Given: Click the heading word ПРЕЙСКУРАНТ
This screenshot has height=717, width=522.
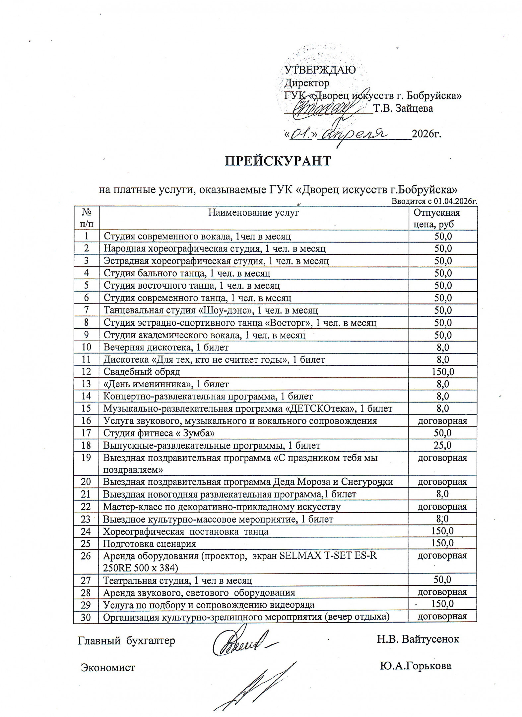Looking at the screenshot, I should tap(278, 161).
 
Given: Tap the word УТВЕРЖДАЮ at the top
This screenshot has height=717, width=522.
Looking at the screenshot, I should tap(320, 70).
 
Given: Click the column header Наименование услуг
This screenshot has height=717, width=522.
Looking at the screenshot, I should tap(253, 212).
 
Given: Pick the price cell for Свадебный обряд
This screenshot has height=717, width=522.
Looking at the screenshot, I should tap(443, 372).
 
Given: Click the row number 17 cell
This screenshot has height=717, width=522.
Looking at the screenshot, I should tap(86, 433).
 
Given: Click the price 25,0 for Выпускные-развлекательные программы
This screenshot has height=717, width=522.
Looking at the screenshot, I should tap(442, 445).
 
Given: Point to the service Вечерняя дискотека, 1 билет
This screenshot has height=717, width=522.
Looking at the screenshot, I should tap(166, 347).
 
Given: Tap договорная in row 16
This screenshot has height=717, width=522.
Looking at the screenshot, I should tap(442, 421).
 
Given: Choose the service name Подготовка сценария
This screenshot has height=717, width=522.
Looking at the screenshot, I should tap(150, 544).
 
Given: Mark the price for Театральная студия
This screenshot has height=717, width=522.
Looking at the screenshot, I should tap(442, 579).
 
